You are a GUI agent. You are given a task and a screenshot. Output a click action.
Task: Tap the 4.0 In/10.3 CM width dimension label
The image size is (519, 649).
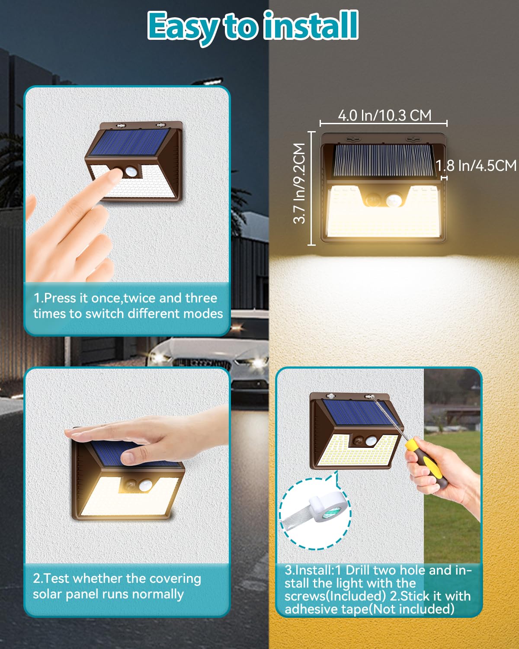(384, 116)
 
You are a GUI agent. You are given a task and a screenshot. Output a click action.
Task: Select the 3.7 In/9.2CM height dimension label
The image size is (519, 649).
(299, 183)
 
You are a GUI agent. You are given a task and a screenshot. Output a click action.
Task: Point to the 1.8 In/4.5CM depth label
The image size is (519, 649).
(476, 165)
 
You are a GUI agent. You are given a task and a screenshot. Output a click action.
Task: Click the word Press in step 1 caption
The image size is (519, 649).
(61, 298)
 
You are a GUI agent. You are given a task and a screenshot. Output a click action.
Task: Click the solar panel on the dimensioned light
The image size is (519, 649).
(383, 160)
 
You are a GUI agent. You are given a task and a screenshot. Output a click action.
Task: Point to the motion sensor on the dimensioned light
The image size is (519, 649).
(394, 200)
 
